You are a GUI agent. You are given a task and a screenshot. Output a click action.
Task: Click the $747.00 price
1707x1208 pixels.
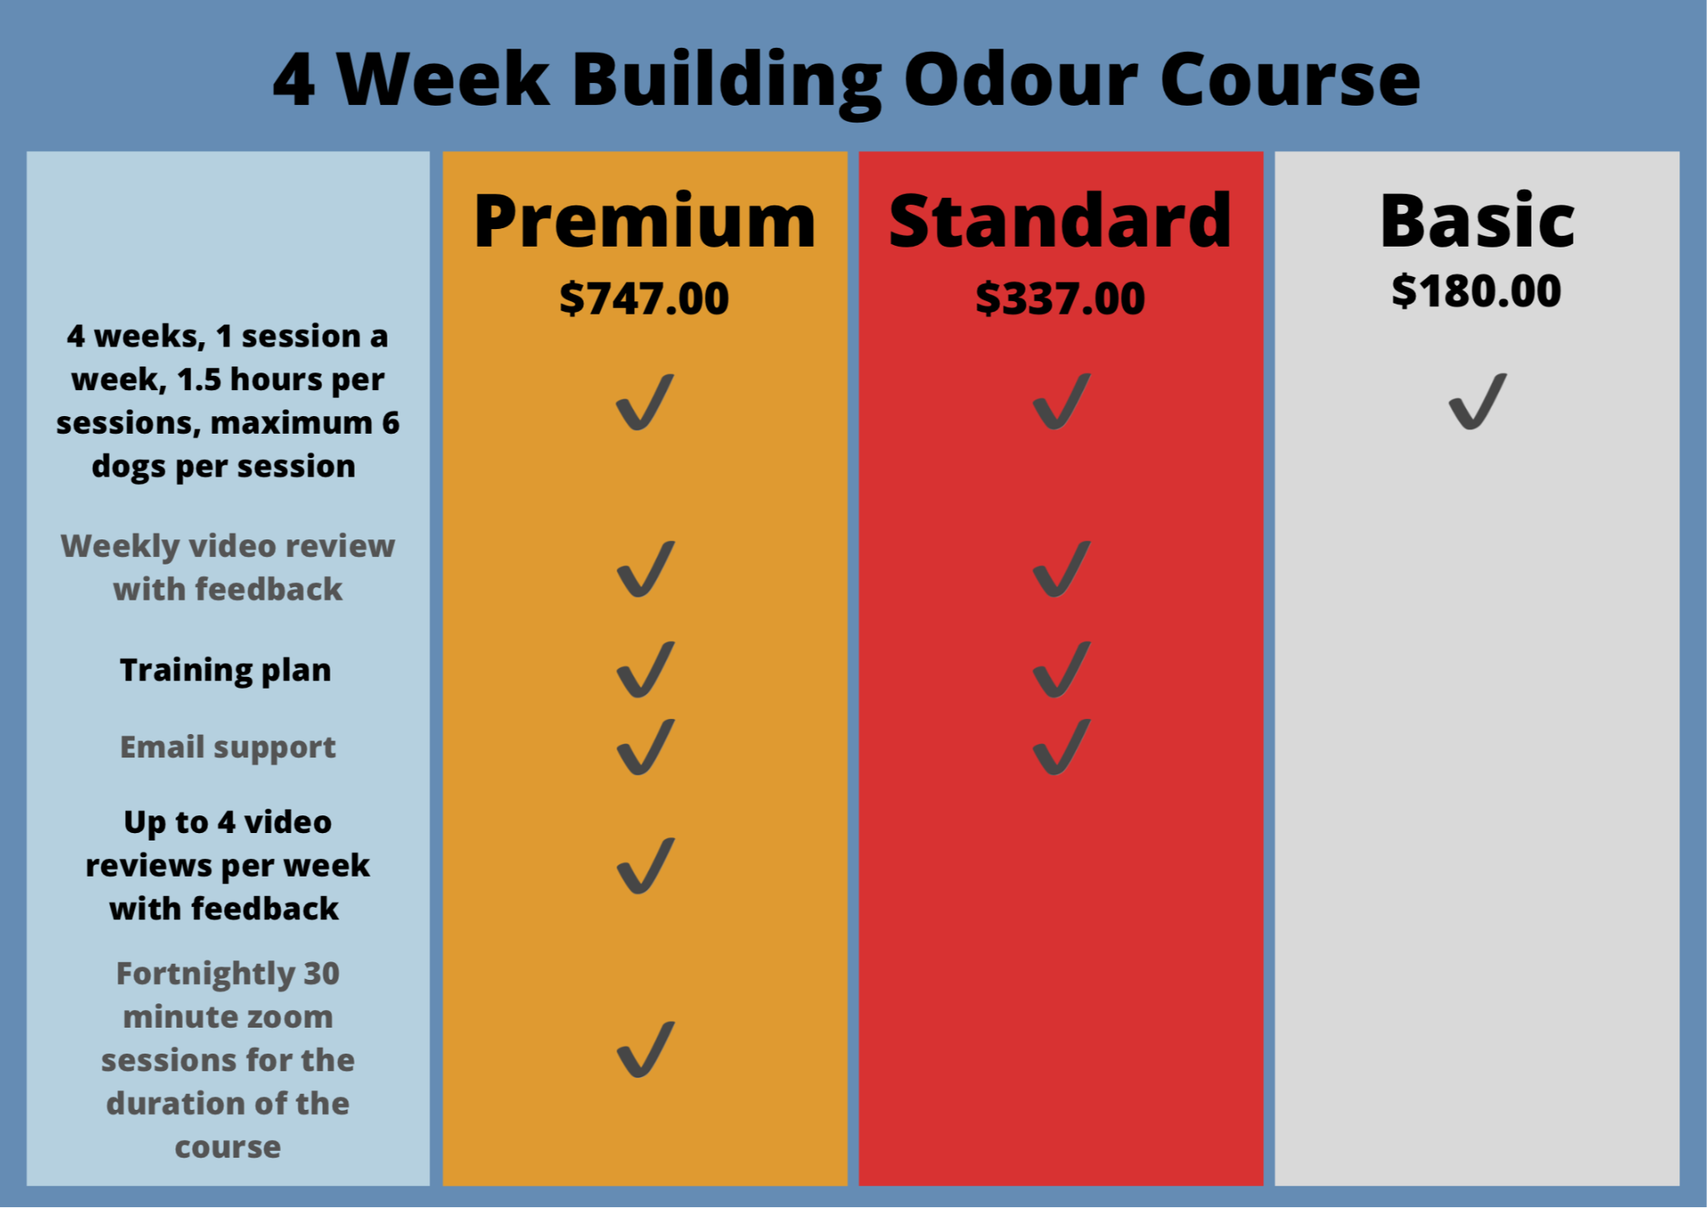pyautogui.click(x=644, y=299)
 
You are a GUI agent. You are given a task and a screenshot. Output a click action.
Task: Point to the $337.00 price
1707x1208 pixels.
pyautogui.click(x=1060, y=299)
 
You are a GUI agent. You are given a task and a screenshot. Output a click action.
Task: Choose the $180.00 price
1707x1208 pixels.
pyautogui.click(x=1476, y=291)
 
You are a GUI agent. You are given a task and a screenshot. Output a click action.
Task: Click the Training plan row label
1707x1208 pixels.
pyautogui.click(x=226, y=671)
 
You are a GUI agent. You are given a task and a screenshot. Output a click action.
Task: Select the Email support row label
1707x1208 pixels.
pyautogui.click(x=227, y=747)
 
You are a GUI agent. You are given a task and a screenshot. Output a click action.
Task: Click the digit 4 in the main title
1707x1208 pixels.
pyautogui.click(x=294, y=80)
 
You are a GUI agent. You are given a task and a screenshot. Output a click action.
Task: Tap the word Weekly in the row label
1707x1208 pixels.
pyautogui.click(x=120, y=547)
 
